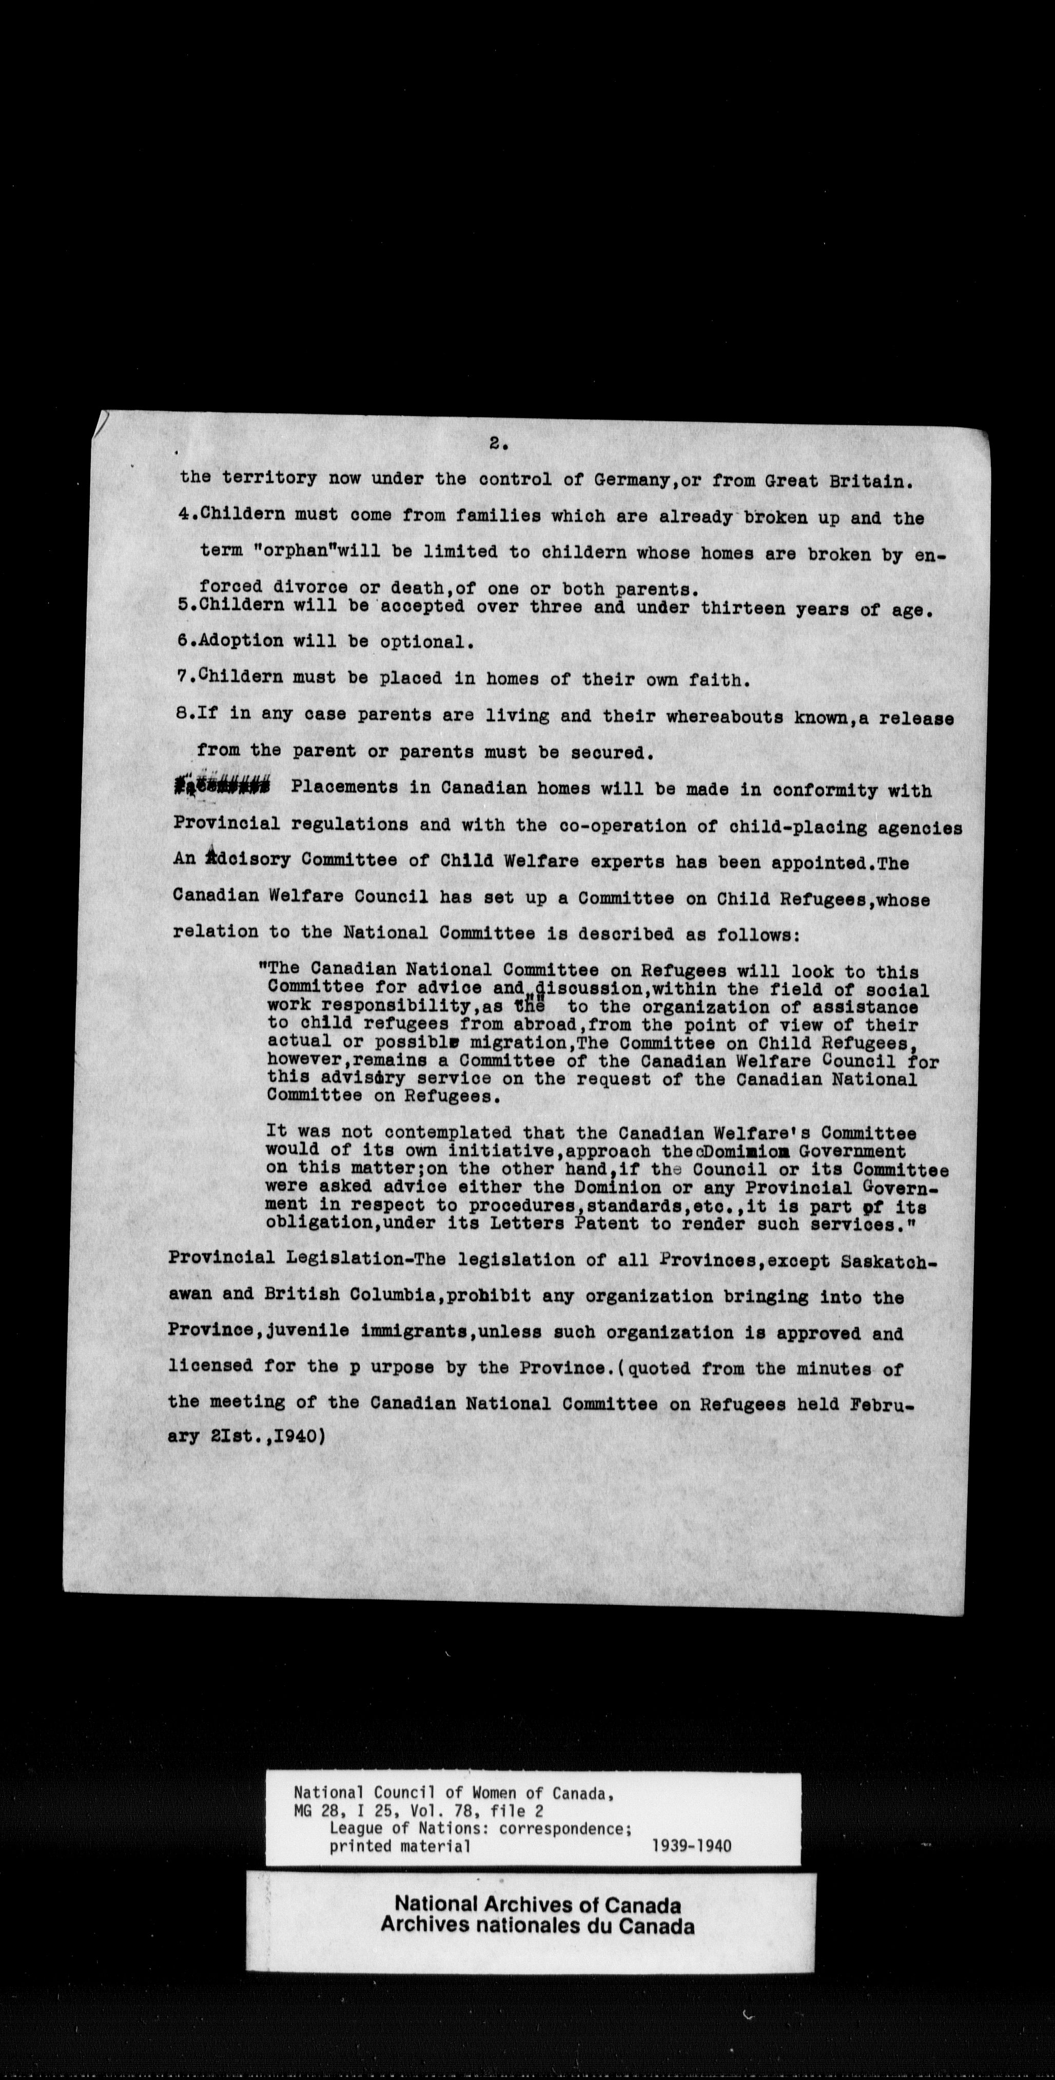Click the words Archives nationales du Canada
pyautogui.click(x=537, y=1925)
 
